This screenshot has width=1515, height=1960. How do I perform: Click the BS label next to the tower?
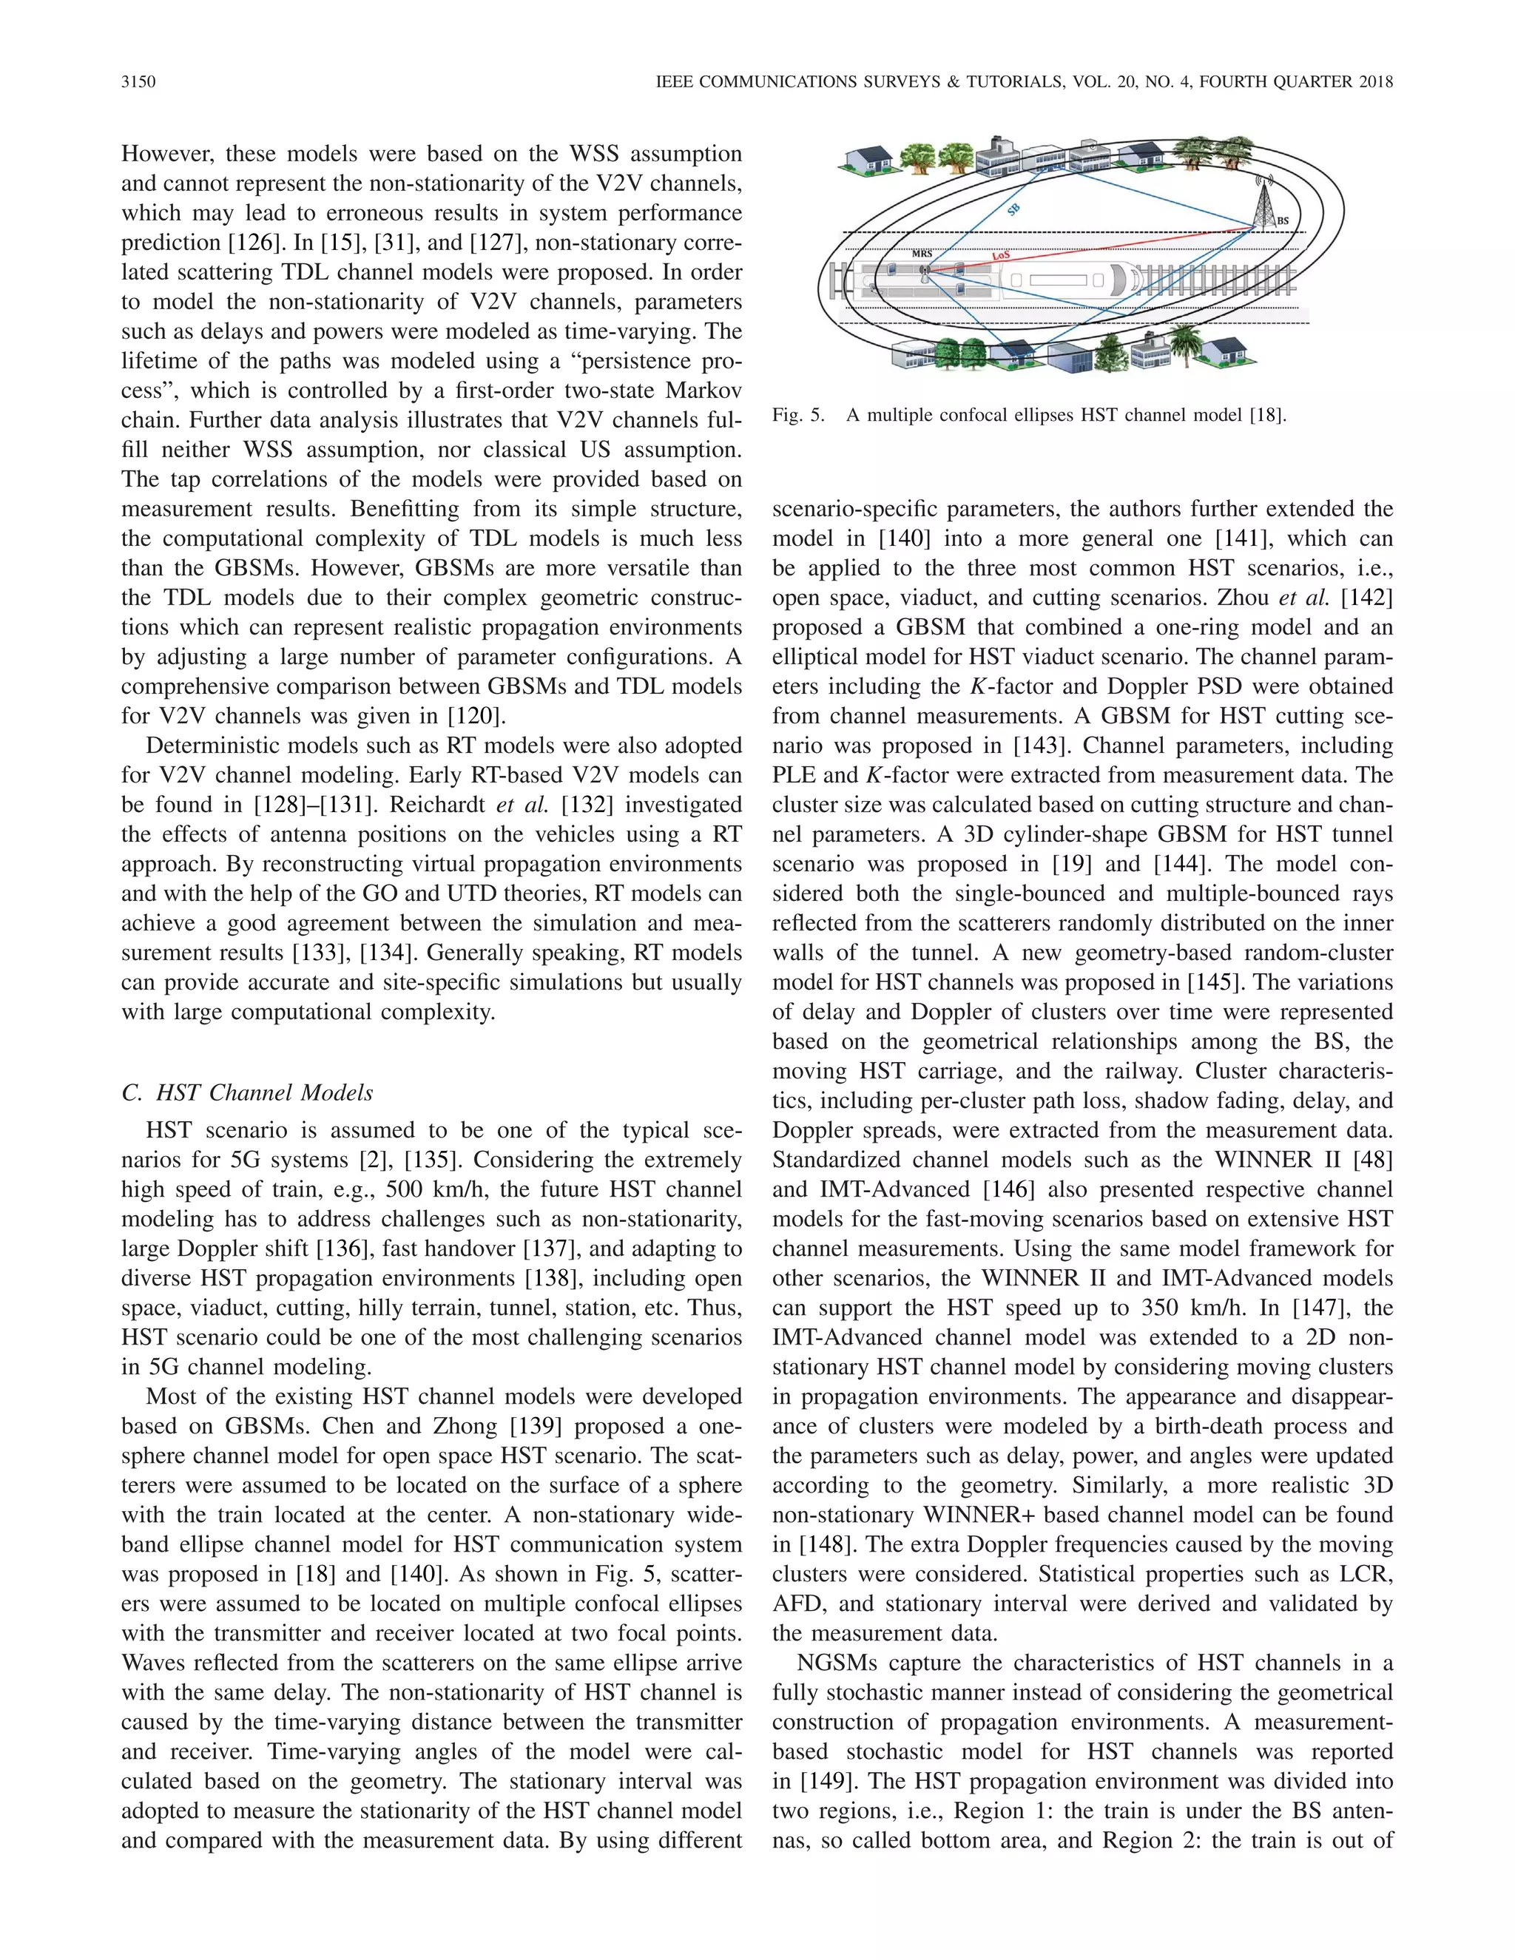click(1283, 220)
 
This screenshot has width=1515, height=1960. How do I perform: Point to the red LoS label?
click(1001, 256)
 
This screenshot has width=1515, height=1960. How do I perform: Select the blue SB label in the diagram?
click(1013, 210)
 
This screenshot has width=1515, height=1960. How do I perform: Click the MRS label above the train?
click(922, 254)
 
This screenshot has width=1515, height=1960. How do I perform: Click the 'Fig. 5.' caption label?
click(798, 416)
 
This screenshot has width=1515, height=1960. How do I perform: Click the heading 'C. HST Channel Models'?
click(247, 1092)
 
